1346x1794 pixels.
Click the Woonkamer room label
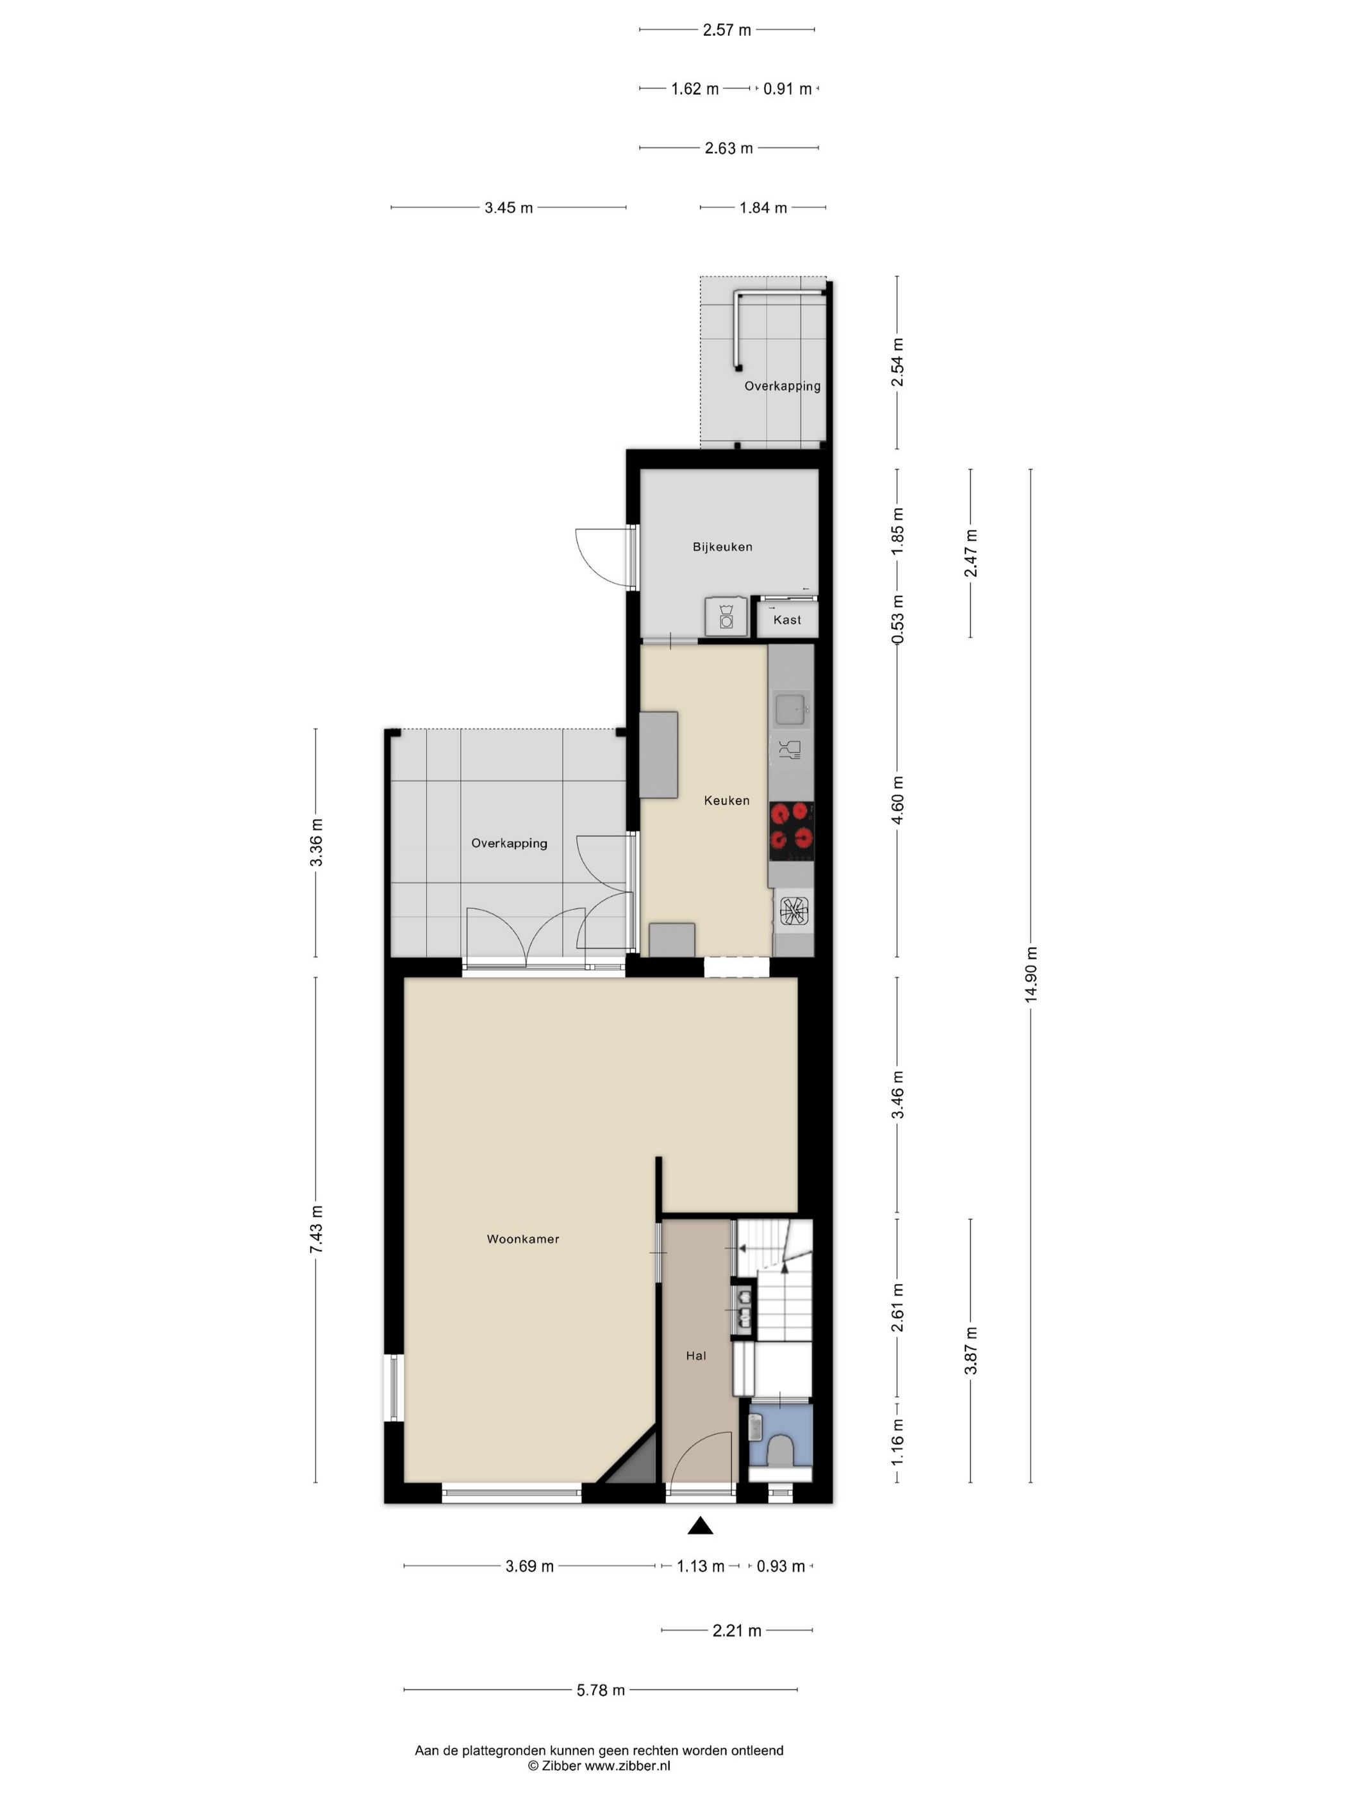click(x=522, y=1239)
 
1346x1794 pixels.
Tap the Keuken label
click(x=726, y=800)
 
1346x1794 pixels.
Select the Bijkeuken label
click(x=722, y=547)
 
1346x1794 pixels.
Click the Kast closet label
click(x=787, y=620)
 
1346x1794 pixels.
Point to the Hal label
click(x=696, y=1355)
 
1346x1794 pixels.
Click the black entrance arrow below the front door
click(x=700, y=1526)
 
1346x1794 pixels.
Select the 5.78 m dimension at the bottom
click(x=601, y=1690)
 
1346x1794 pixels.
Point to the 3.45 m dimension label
click(x=509, y=208)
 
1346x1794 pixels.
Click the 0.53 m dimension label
click(x=897, y=620)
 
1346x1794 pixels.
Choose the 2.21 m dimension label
click(x=736, y=1631)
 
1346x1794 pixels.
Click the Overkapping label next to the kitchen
click(x=509, y=843)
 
